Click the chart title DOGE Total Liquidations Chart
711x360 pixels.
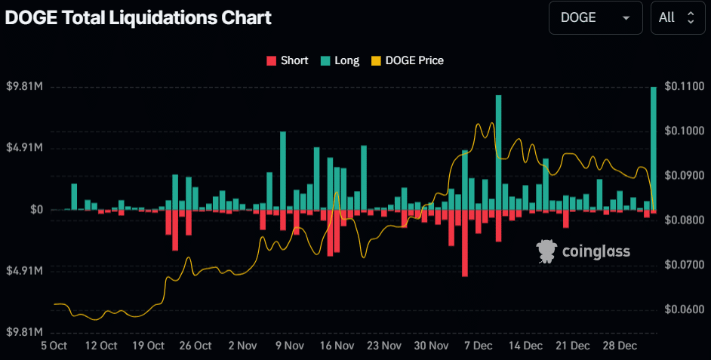point(138,17)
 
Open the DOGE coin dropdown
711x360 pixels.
point(595,17)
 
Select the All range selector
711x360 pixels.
point(676,17)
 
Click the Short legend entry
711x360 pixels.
point(287,60)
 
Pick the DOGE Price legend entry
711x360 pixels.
point(407,60)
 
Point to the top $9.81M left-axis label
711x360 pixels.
point(24,87)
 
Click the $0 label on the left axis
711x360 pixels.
point(35,209)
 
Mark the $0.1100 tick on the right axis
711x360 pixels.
point(683,87)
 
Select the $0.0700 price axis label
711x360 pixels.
point(683,265)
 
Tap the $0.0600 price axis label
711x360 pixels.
point(683,309)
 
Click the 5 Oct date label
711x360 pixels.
point(54,346)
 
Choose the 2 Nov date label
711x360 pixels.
point(242,346)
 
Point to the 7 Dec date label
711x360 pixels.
point(479,346)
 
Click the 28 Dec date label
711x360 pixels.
point(620,346)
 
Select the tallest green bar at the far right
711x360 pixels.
point(654,148)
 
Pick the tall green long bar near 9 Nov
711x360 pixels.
point(283,171)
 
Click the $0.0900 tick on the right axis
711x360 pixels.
point(683,175)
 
